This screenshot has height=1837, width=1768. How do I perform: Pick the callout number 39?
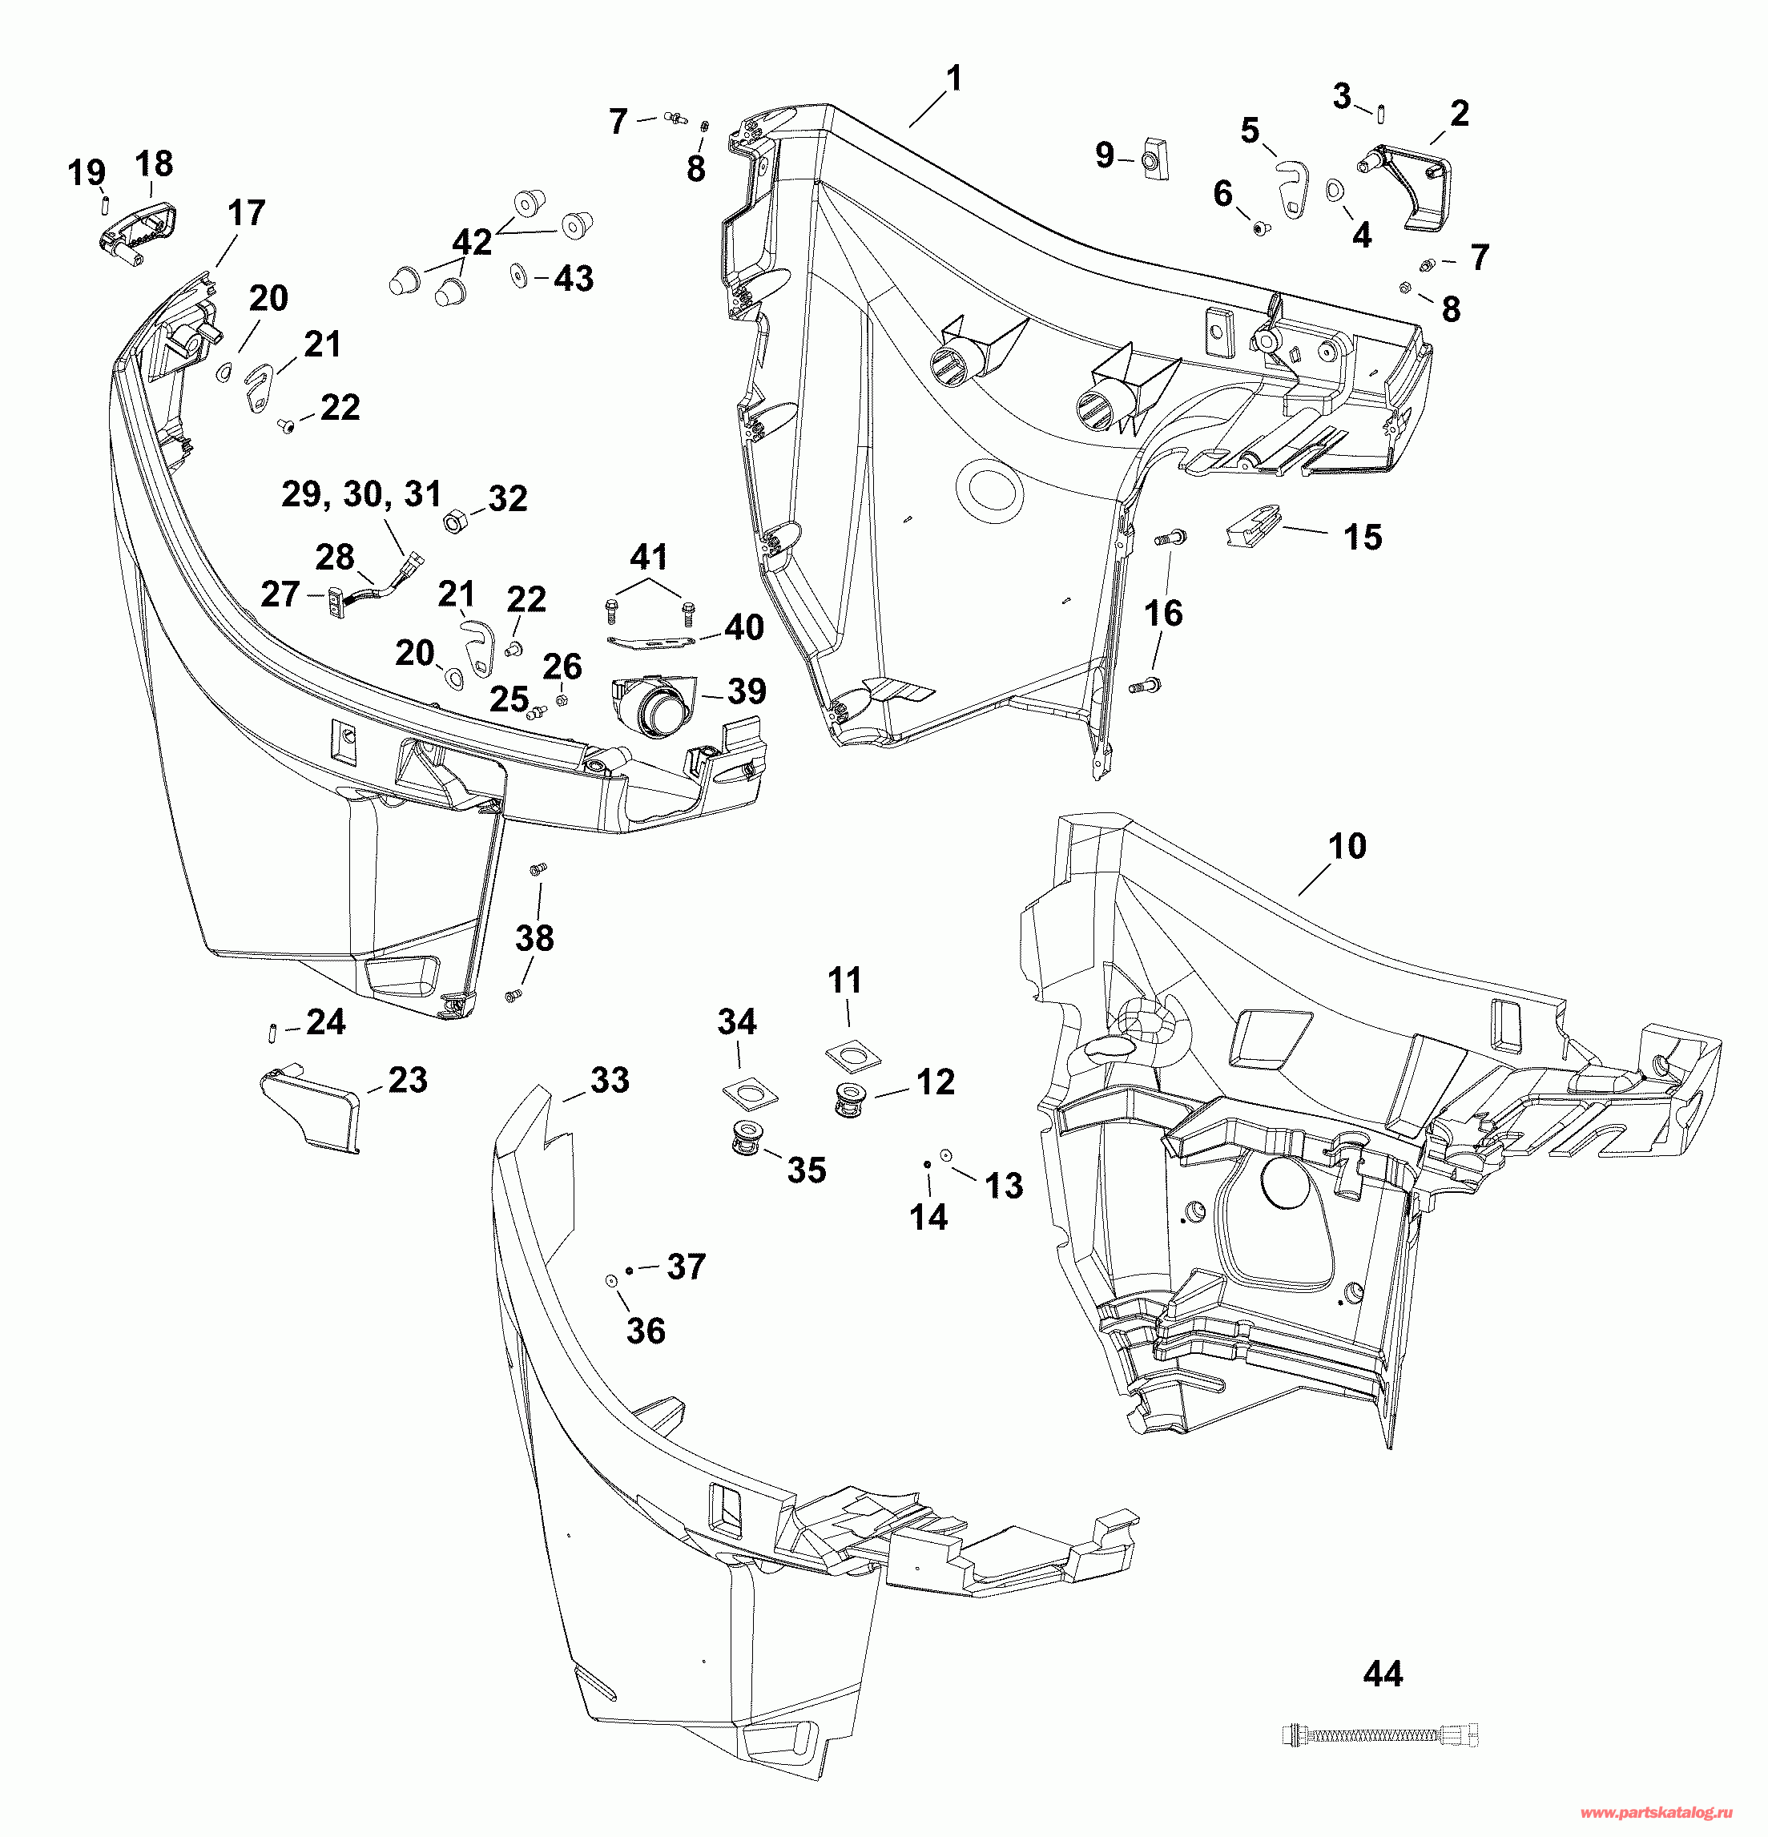point(747,691)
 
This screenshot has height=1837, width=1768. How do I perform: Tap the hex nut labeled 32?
point(456,520)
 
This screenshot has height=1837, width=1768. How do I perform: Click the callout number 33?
point(610,1080)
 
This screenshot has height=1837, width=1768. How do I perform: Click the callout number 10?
point(1347,846)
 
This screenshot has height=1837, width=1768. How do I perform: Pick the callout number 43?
point(574,277)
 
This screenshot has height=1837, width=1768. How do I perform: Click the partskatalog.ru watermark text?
point(1657,1813)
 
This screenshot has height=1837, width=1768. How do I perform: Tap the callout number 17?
point(247,213)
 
